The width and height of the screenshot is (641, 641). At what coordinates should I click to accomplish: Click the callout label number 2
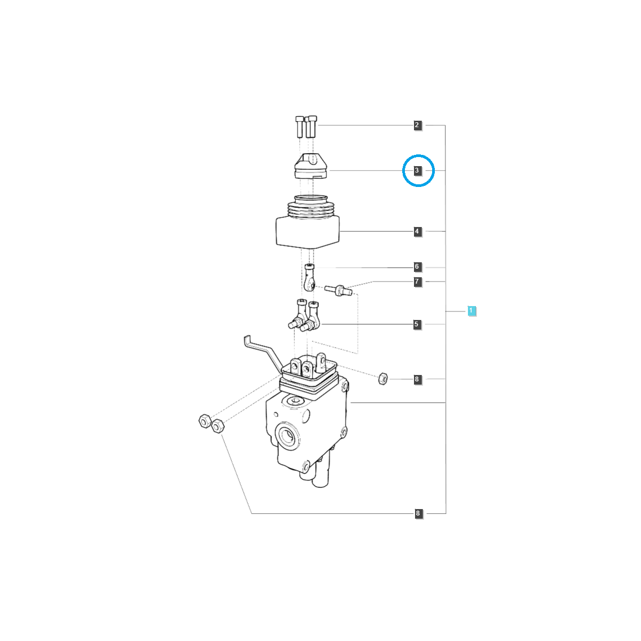418,126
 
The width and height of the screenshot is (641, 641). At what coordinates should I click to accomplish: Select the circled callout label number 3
418,170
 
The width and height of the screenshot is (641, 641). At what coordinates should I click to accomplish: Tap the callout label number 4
418,231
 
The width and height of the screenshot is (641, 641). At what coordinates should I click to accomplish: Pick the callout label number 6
418,267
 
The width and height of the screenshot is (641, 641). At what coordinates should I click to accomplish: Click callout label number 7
418,282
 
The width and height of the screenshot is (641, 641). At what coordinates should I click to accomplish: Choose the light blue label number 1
471,311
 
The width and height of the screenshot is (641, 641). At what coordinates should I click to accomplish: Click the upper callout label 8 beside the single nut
418,379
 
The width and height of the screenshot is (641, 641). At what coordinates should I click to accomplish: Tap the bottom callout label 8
418,513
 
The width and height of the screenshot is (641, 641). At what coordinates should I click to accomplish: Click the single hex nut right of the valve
382,379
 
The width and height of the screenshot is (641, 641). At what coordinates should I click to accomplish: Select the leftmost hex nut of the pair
204,421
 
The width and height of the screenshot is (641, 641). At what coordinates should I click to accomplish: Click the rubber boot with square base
308,222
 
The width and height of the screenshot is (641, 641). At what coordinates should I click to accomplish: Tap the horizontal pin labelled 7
338,290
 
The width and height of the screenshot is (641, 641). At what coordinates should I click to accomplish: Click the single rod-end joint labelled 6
310,277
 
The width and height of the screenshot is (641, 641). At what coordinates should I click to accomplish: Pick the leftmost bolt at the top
299,127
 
